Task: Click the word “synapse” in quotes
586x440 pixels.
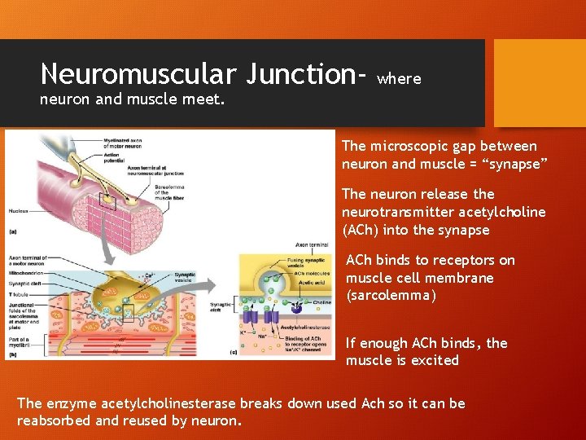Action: [514, 164]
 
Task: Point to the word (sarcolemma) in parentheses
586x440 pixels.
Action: [391, 296]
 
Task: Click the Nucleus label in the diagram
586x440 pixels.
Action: [18, 211]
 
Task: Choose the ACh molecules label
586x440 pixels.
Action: [313, 272]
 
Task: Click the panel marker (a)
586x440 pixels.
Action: [13, 231]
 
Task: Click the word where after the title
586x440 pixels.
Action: [400, 79]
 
